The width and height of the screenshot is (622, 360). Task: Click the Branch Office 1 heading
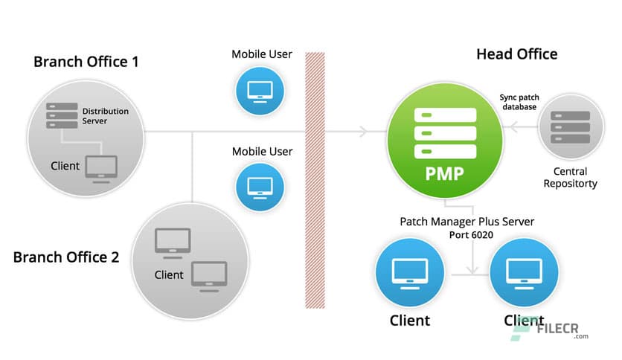tap(86, 61)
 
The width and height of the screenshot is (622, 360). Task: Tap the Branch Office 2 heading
tap(66, 257)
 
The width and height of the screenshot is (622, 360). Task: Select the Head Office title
tap(516, 54)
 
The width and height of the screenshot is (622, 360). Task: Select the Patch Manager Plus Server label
tap(467, 221)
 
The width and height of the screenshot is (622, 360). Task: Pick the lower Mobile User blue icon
tap(261, 185)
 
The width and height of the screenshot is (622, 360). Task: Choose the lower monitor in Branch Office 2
tap(209, 274)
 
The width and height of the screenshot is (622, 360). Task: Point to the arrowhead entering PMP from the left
tap(363, 132)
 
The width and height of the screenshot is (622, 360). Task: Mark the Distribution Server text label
tap(105, 116)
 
